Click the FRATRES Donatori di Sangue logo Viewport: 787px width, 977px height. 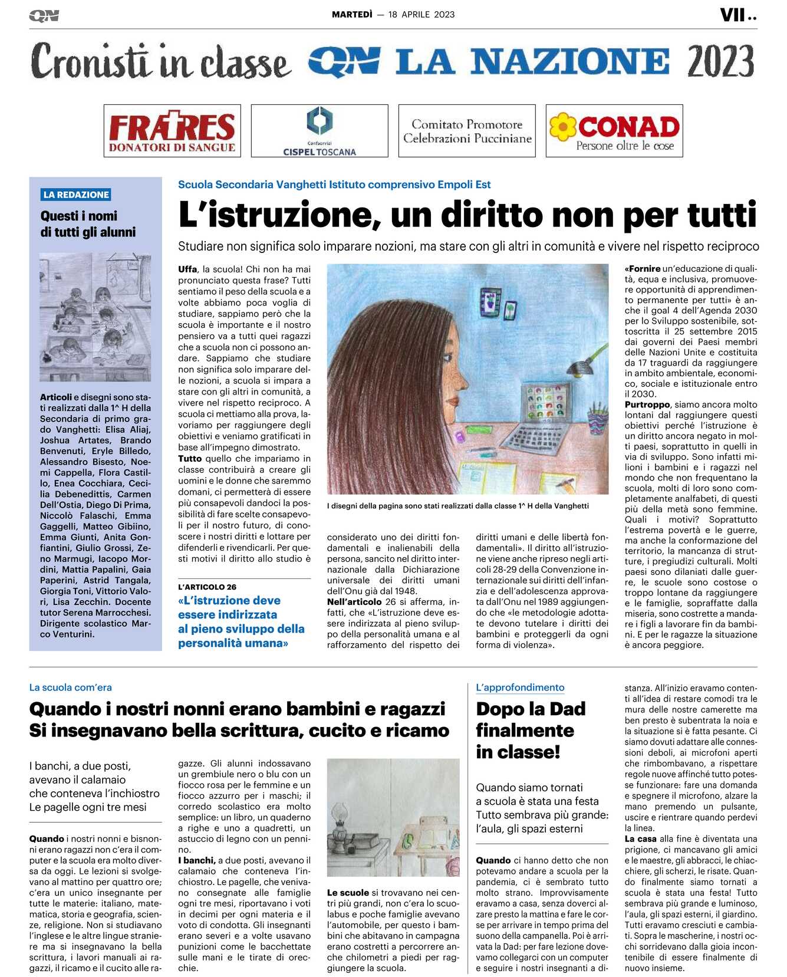(x=172, y=131)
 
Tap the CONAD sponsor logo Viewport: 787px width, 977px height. (x=614, y=131)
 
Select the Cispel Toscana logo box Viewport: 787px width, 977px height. (x=320, y=131)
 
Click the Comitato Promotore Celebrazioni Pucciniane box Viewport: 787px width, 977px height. (x=467, y=131)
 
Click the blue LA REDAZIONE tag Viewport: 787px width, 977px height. (x=76, y=195)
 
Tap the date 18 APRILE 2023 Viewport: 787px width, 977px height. (x=422, y=15)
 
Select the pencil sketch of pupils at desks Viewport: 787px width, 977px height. (x=95, y=317)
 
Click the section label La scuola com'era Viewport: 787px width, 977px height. (x=70, y=687)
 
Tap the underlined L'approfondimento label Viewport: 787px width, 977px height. (x=520, y=687)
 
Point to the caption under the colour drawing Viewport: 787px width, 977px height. (x=457, y=506)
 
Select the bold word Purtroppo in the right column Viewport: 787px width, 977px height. (x=647, y=404)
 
